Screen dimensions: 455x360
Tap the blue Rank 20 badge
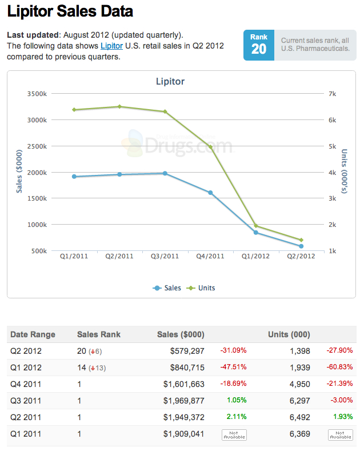258,45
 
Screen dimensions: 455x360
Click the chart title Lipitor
170,82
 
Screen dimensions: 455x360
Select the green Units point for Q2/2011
119,106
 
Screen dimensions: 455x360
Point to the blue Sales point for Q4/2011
210,193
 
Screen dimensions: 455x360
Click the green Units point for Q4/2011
210,147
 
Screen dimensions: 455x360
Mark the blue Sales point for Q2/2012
301,246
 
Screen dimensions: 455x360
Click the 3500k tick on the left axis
37,93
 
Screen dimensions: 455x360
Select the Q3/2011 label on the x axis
165,256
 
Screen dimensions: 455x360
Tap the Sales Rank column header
99,334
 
